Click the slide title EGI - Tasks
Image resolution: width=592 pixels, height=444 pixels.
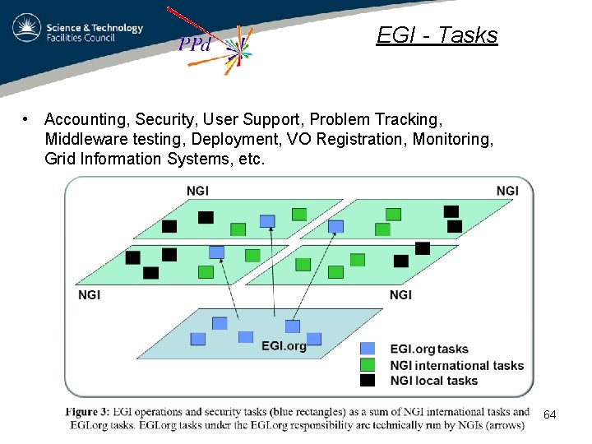437,35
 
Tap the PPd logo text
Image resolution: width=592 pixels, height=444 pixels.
196,44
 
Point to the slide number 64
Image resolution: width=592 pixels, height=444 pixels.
550,415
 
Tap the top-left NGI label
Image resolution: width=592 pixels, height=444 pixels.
197,191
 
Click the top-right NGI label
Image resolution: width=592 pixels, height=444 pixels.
507,191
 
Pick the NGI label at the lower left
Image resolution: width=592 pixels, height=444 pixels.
89,294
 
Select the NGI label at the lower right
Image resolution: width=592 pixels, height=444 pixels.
400,294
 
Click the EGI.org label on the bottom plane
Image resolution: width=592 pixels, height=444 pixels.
284,346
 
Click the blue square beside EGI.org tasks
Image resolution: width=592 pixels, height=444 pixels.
368,349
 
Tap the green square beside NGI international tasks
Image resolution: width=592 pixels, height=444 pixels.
368,364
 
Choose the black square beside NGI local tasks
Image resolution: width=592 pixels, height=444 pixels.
368,380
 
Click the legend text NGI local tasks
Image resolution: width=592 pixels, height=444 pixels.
433,381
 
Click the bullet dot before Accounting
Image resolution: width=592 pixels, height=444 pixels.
28,119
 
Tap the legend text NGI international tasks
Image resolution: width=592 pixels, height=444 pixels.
456,365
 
